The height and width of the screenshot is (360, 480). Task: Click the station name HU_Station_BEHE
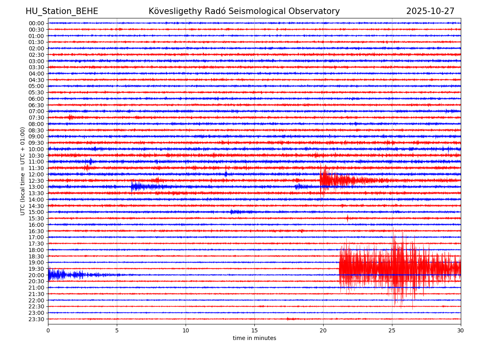62,12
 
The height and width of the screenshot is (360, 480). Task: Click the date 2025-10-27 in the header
430,12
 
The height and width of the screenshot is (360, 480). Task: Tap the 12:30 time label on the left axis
36,181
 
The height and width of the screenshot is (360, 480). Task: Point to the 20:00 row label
36,275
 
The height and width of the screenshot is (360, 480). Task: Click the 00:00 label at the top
36,23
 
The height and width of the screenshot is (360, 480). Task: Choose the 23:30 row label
36,319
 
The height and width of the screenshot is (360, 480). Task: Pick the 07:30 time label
36,118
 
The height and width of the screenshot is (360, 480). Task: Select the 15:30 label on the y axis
36,218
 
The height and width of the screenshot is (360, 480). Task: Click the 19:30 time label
36,269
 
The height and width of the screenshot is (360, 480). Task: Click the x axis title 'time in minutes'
254,338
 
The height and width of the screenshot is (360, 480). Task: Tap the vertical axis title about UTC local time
23,171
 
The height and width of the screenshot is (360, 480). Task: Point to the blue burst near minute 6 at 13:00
136,186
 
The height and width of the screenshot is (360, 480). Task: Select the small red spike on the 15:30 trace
347,218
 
